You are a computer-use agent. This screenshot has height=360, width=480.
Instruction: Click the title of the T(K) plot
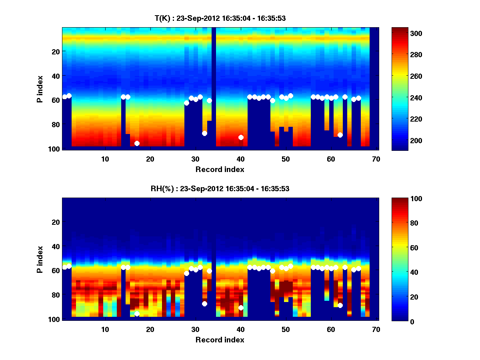[x=220, y=18]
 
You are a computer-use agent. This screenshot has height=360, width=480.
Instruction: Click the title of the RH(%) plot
[x=220, y=188]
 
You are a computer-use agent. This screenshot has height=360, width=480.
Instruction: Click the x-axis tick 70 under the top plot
[x=376, y=159]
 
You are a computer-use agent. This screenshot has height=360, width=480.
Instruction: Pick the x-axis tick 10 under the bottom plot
[x=105, y=330]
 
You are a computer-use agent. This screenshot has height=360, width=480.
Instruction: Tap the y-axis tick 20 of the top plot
[x=55, y=52]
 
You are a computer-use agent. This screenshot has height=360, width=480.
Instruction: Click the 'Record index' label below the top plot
[x=220, y=169]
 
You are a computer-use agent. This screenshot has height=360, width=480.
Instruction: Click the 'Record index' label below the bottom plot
[x=220, y=340]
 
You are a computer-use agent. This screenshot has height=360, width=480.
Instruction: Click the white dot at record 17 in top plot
[x=137, y=143]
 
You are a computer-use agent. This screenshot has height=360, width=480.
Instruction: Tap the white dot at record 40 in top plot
[x=241, y=137]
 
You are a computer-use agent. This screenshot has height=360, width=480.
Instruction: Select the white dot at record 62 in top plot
[x=340, y=135]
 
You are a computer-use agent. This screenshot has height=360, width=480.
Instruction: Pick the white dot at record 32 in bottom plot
[x=204, y=304]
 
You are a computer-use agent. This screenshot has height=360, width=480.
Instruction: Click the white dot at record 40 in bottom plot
[x=241, y=308]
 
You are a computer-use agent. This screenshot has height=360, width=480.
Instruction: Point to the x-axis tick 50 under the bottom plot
[x=286, y=330]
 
